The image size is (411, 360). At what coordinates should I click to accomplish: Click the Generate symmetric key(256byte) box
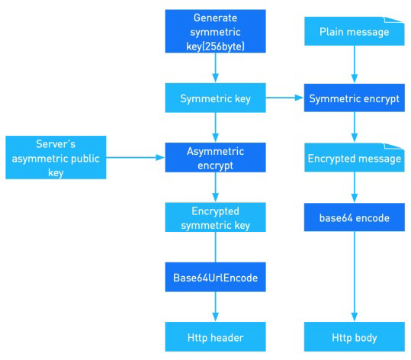[x=215, y=31]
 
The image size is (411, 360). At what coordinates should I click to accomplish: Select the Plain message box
[x=353, y=31]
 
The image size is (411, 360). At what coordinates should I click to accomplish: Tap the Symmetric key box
[x=215, y=98]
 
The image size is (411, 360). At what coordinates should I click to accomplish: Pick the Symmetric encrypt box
[x=353, y=98]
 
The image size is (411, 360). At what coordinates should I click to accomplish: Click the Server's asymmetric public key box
[x=55, y=158]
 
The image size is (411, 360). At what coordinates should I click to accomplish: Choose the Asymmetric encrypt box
[x=215, y=158]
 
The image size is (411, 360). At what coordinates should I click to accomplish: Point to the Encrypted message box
[x=353, y=158]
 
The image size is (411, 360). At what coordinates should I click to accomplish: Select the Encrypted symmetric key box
[x=215, y=217]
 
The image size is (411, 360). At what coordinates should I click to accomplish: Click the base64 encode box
[x=353, y=217]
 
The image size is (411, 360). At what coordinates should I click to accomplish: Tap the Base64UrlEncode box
[x=215, y=278]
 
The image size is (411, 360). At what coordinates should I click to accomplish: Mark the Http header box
[x=215, y=336]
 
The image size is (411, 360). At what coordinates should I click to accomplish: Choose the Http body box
[x=353, y=336]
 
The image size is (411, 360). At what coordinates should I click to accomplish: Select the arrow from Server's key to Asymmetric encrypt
[x=135, y=158]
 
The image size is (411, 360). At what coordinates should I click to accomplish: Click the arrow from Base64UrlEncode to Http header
[x=215, y=307]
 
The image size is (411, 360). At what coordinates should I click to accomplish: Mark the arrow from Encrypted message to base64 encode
[x=353, y=188]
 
